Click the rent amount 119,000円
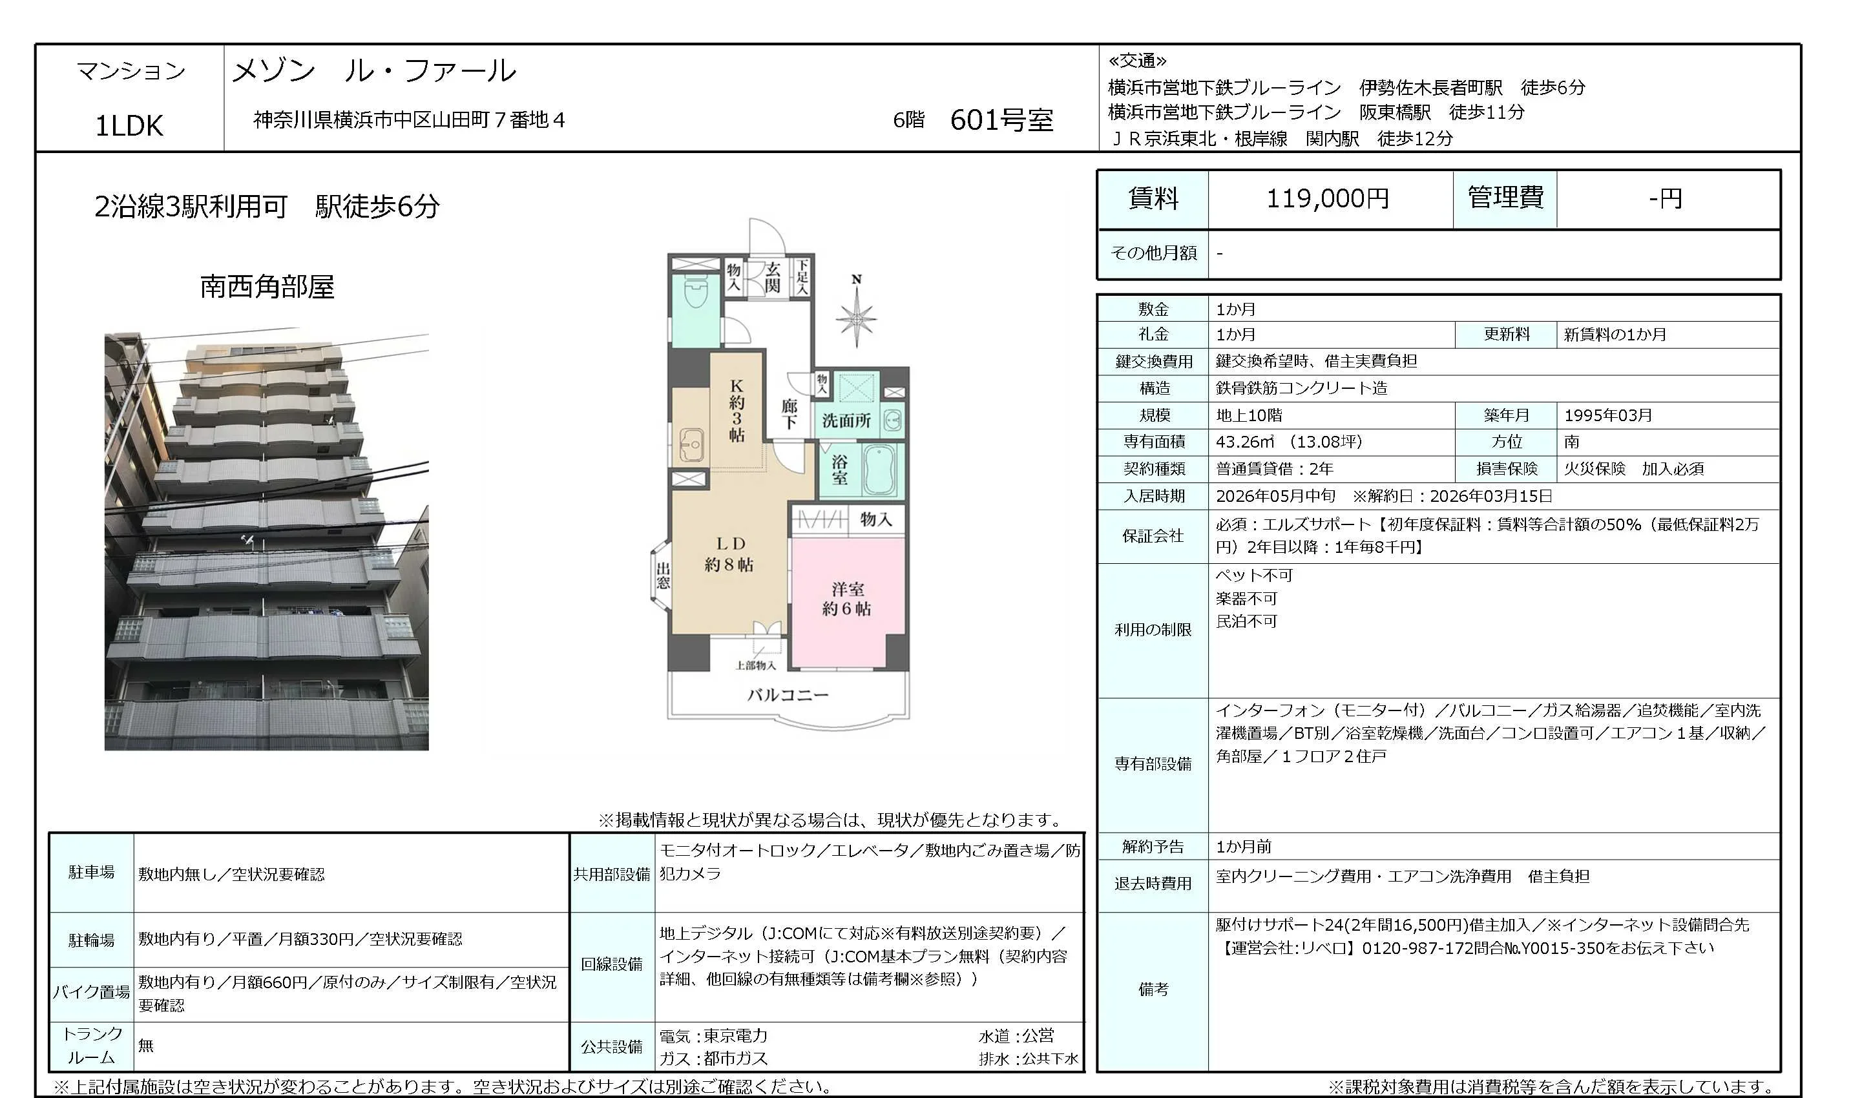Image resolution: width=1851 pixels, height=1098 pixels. [x=1328, y=198]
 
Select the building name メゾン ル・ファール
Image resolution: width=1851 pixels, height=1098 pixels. [x=373, y=71]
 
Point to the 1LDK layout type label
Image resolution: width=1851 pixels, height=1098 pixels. [x=129, y=126]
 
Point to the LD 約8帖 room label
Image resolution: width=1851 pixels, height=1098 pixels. [x=729, y=554]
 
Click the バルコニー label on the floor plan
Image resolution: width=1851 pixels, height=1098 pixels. [x=788, y=695]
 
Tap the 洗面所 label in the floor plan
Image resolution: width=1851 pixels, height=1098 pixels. [x=846, y=421]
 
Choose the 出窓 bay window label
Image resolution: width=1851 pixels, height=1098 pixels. [x=663, y=575]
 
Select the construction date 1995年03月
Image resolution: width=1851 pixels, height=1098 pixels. [x=1607, y=415]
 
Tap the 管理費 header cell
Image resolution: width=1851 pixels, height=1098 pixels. [x=1505, y=198]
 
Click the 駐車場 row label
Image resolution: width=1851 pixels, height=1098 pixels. [x=92, y=873]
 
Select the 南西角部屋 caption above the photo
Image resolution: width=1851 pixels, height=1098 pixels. [x=267, y=286]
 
